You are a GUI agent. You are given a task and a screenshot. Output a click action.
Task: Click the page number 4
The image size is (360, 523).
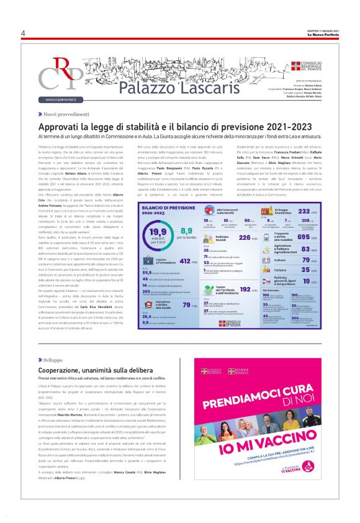tap(23, 33)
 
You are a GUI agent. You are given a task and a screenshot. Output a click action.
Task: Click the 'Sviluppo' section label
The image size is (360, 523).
tap(54, 360)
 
